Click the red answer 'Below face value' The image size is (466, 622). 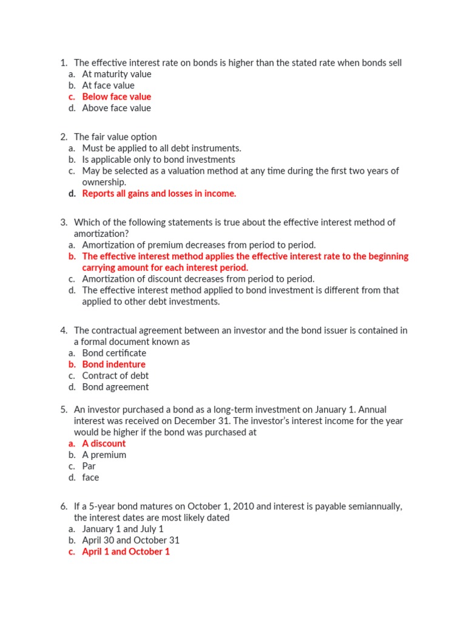click(x=116, y=97)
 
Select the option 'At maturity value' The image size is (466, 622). click(x=116, y=74)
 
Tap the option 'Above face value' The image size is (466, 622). click(x=116, y=108)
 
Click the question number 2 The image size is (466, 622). click(x=64, y=137)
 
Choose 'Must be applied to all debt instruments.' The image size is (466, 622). click(x=161, y=148)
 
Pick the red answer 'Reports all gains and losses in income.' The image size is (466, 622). click(x=159, y=194)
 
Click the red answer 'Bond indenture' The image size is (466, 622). click(x=113, y=364)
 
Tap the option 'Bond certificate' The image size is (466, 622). click(x=114, y=354)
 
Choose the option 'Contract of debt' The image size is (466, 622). click(x=115, y=376)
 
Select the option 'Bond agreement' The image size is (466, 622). click(x=115, y=388)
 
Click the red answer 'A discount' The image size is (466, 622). click(x=104, y=444)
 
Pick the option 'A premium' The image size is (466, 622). click(x=104, y=456)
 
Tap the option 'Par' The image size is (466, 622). click(x=89, y=466)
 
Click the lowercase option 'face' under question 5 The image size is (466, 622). click(x=90, y=478)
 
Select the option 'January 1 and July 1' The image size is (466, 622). click(x=123, y=529)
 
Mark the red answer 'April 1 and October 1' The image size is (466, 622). click(x=126, y=552)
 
